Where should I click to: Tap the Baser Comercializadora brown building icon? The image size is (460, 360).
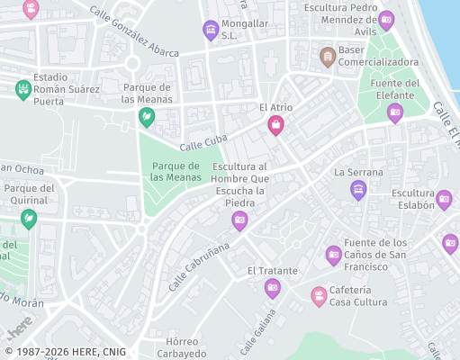pos(329,58)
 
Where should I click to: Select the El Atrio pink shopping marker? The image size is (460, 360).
pos(275,125)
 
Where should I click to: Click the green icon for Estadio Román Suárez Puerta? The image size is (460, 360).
pos(23,88)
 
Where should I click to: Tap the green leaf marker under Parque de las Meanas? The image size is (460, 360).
pos(145,116)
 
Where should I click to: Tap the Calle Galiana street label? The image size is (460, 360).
pos(258,336)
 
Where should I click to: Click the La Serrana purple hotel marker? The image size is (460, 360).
pos(358,190)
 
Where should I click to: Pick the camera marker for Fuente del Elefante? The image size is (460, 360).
pos(394,112)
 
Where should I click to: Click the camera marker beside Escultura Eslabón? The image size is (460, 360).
pos(444,199)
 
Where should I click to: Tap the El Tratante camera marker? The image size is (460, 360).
pos(273,288)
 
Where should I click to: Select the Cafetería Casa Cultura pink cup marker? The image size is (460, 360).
pos(319,295)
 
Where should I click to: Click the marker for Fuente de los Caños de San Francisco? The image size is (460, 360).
pos(334,255)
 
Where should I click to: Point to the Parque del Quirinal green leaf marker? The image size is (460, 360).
pos(29,218)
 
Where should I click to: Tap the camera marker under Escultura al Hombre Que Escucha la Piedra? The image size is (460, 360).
pos(239,220)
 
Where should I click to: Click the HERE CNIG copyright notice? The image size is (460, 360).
pos(65,352)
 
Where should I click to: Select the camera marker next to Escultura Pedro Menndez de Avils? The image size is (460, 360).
pos(386,19)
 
